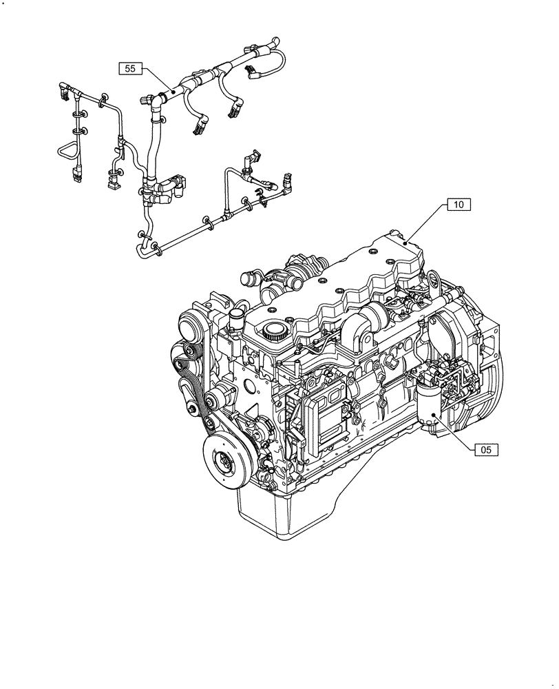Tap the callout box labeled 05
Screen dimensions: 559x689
point(485,450)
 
